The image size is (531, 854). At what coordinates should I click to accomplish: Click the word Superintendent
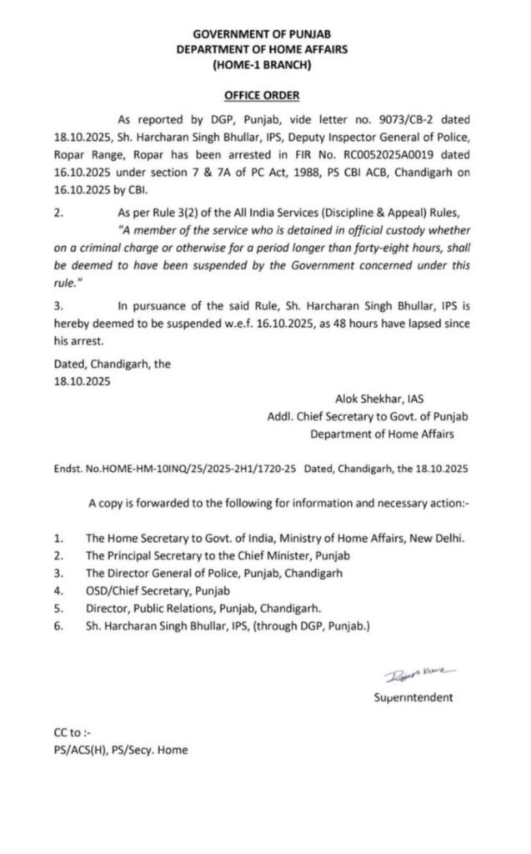point(413,697)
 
